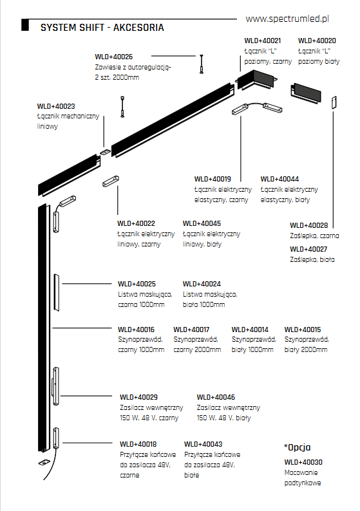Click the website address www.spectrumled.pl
(x=287, y=19)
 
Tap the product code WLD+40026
(x=114, y=57)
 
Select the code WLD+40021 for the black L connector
(x=263, y=41)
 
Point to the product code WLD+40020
(x=317, y=41)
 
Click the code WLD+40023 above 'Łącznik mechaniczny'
(x=56, y=106)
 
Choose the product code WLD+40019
(x=213, y=179)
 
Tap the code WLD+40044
(x=279, y=179)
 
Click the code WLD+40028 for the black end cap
(x=309, y=225)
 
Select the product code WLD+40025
(x=137, y=284)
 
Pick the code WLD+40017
(x=191, y=330)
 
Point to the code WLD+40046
(x=216, y=397)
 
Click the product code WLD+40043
(x=203, y=444)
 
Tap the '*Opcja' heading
(x=298, y=447)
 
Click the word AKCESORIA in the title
(x=138, y=28)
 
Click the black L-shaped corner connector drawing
(x=256, y=82)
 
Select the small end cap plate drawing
(x=334, y=102)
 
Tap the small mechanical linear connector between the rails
(x=105, y=152)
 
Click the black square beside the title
(x=25, y=25)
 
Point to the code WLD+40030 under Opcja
(x=303, y=462)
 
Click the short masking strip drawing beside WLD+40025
(x=57, y=293)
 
